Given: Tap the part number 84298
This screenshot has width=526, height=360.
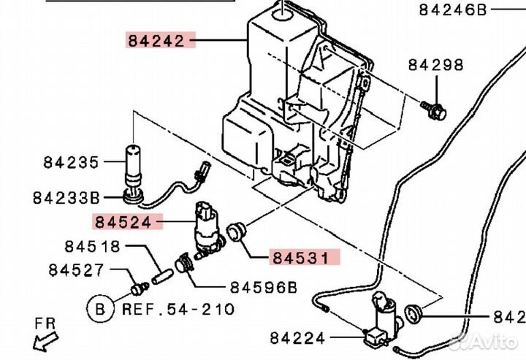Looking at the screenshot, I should (435, 65).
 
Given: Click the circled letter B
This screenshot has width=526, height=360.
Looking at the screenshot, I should (100, 308).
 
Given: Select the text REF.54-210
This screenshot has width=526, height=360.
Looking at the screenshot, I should (178, 309).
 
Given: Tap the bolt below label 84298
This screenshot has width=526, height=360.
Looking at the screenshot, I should (435, 110).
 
